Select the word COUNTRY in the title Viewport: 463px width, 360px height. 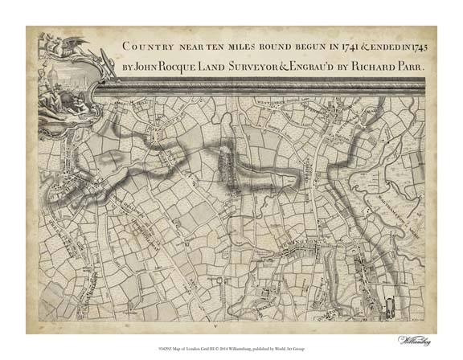click(147, 46)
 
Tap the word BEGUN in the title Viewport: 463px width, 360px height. click(293, 46)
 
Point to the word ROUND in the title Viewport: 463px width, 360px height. click(264, 46)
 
